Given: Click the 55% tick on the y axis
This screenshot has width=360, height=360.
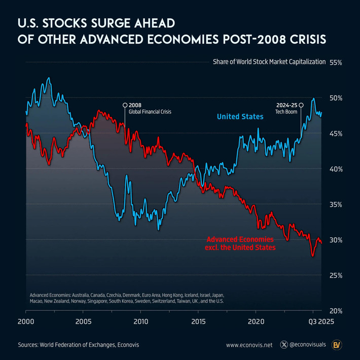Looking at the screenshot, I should pyautogui.click(x=336, y=62).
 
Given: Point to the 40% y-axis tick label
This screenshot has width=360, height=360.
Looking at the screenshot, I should pyautogui.click(x=336, y=169).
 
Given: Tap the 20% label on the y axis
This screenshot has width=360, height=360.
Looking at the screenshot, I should pyautogui.click(x=336, y=311).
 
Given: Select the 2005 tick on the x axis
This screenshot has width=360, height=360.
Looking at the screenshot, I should pyautogui.click(x=83, y=321).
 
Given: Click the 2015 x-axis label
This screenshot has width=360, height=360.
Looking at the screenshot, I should pyautogui.click(x=199, y=321).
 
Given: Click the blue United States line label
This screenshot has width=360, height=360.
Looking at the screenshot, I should pyautogui.click(x=240, y=117).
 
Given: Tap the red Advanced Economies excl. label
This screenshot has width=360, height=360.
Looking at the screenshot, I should pyautogui.click(x=241, y=243).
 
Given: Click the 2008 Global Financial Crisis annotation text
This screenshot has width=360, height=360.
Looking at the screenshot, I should pyautogui.click(x=150, y=108).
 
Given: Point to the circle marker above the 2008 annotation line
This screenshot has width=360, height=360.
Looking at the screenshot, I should pyautogui.click(x=125, y=105).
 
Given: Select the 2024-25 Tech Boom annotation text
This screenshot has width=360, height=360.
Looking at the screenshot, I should pyautogui.click(x=286, y=108).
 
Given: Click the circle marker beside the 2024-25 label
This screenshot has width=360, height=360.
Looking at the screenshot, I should pyautogui.click(x=301, y=105).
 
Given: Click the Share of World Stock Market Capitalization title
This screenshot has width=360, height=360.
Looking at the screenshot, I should pyautogui.click(x=268, y=62).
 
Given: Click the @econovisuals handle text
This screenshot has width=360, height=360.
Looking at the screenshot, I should pyautogui.click(x=307, y=345).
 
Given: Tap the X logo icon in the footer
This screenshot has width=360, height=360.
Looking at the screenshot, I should pyautogui.click(x=283, y=345).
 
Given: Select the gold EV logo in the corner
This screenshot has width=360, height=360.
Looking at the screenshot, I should pyautogui.click(x=336, y=345).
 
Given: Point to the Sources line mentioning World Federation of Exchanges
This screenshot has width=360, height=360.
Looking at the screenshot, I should pyautogui.click(x=78, y=345).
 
